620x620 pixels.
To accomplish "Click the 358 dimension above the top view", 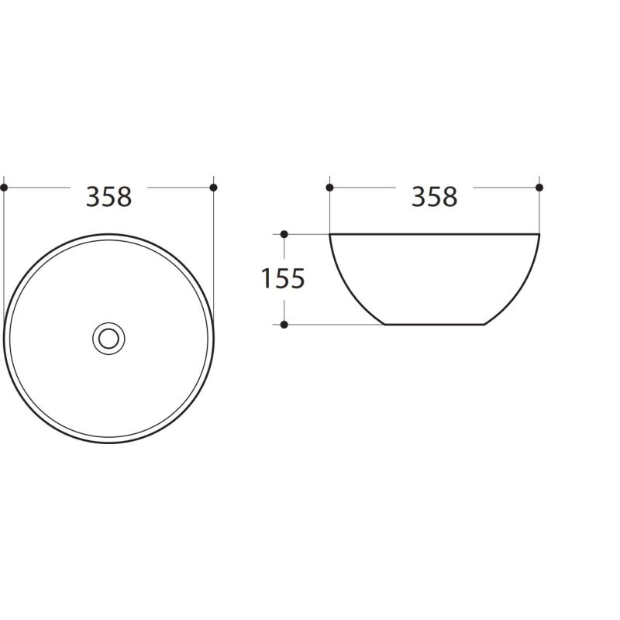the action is point(108,197).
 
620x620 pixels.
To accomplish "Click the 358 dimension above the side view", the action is point(435,197).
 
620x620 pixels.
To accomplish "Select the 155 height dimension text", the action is point(283,279).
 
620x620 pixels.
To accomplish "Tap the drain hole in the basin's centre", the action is point(108,339).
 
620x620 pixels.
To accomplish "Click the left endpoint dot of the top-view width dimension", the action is point(4,188).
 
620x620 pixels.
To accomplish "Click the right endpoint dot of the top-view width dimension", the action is point(214,188).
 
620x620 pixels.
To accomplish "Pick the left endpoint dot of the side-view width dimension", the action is point(330,188).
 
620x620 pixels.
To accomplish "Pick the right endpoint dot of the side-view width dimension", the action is point(539,188).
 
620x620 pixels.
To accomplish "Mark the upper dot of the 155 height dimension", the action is point(284,235).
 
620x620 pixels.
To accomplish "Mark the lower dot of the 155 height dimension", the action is point(284,325).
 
